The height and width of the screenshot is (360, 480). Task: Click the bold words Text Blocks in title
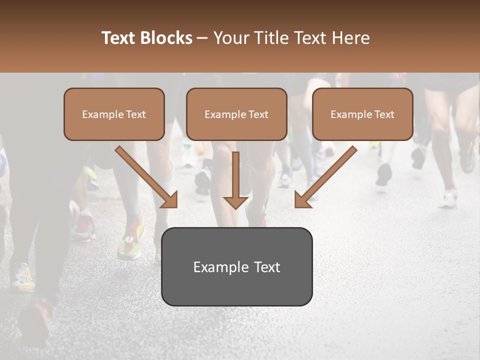146,38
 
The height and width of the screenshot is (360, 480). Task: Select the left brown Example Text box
114,114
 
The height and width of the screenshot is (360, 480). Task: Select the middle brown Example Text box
236,114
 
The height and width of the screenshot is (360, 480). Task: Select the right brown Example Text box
362,114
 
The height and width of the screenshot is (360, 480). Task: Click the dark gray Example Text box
236,266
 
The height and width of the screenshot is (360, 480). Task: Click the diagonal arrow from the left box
145,175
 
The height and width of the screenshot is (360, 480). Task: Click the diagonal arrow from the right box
327,175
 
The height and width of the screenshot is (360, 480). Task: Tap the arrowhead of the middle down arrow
235,201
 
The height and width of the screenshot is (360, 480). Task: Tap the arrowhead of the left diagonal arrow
170,200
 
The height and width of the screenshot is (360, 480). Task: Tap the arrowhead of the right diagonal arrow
302,200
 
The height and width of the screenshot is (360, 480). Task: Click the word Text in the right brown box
384,114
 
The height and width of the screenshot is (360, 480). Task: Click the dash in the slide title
203,38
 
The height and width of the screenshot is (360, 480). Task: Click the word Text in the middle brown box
258,114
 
